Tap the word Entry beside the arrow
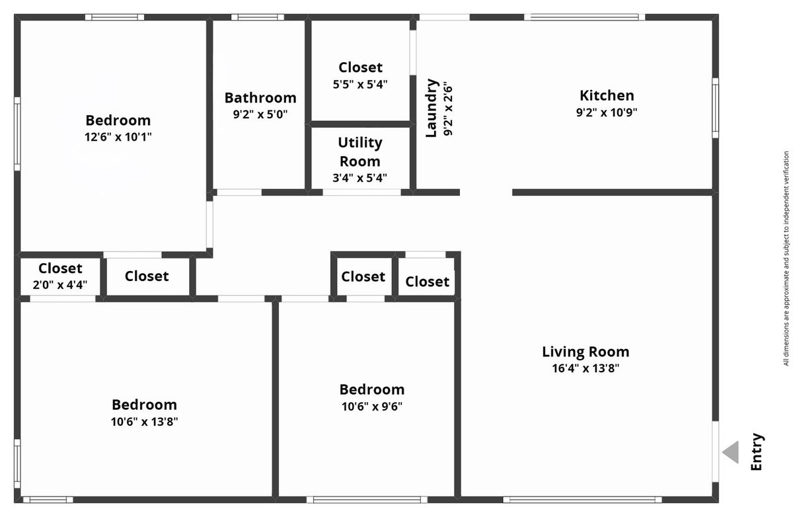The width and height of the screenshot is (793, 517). coord(757,452)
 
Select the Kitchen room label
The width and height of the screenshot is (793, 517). coord(607,96)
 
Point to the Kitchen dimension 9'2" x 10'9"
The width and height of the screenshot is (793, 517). coord(607,112)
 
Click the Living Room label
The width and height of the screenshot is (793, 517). coord(586,352)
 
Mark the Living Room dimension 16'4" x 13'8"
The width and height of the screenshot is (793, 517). coord(586,368)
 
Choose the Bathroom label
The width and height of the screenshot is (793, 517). coord(260,98)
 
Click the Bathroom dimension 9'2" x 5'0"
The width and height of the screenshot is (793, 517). coord(260,114)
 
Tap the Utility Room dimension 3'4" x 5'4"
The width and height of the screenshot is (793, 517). coord(359,177)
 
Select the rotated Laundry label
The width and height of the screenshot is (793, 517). coord(432,108)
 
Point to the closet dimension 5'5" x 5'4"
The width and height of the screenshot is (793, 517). coord(360,84)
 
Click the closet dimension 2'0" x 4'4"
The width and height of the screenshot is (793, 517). coord(60,285)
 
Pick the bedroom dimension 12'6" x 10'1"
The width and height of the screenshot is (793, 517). coord(118,137)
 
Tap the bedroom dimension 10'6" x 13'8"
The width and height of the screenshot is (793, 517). coord(145,422)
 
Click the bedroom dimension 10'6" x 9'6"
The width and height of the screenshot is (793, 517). coord(372,407)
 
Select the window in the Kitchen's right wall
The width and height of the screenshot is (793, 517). coord(716,108)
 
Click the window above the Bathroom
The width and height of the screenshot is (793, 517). coord(258,17)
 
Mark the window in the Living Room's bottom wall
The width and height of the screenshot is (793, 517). coord(582,500)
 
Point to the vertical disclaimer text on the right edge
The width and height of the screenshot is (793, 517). coord(786,258)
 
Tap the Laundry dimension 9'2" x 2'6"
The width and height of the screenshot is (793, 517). coord(448,110)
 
